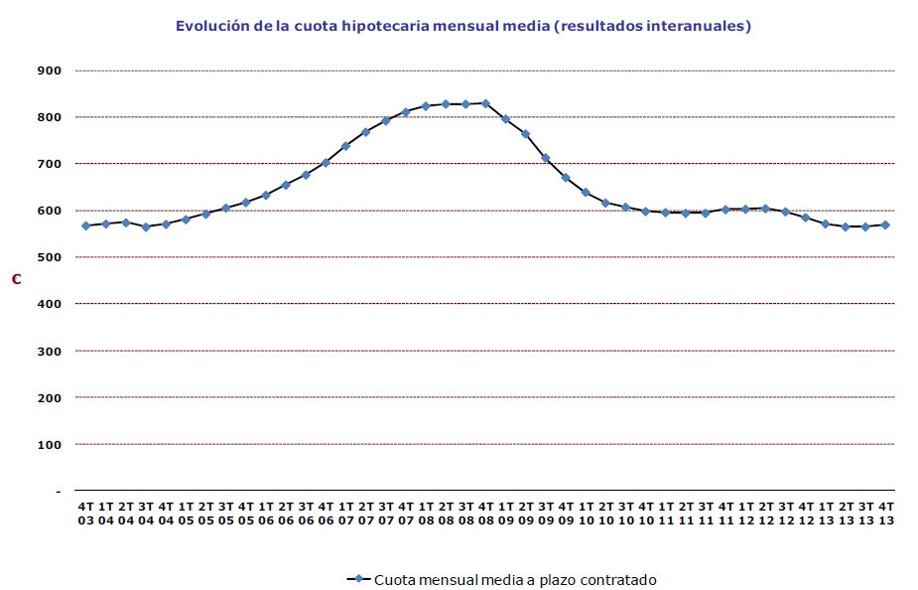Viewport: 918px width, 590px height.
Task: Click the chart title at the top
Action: pyautogui.click(x=462, y=27)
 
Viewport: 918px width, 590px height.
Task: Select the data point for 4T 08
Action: pyautogui.click(x=485, y=103)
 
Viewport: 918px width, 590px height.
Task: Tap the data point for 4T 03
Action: pyautogui.click(x=85, y=225)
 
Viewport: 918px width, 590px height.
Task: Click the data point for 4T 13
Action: pyautogui.click(x=884, y=224)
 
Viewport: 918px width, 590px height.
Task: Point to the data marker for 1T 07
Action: pyautogui.click(x=345, y=146)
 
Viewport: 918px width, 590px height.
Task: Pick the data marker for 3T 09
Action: pyautogui.click(x=545, y=158)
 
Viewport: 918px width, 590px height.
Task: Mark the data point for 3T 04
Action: pyautogui.click(x=146, y=226)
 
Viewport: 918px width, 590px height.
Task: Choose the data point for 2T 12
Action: pyautogui.click(x=765, y=209)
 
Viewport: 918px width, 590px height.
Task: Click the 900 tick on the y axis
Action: pyautogui.click(x=50, y=71)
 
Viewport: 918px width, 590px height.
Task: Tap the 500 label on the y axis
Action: pyautogui.click(x=50, y=257)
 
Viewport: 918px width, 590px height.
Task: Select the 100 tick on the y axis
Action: pyautogui.click(x=50, y=444)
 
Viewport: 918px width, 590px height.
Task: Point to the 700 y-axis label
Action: pyautogui.click(x=50, y=164)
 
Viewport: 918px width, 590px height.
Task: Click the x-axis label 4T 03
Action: pyautogui.click(x=86, y=513)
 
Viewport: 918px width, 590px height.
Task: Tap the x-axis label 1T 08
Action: pyautogui.click(x=426, y=513)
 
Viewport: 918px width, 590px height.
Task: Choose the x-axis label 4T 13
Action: pyautogui.click(x=885, y=513)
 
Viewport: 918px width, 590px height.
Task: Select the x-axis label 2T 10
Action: pyautogui.click(x=605, y=513)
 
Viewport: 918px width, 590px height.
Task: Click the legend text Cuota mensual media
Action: pyautogui.click(x=515, y=579)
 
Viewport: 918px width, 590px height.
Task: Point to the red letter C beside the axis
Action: pyautogui.click(x=16, y=280)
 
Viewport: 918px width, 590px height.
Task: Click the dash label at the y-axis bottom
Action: pyautogui.click(x=58, y=491)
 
